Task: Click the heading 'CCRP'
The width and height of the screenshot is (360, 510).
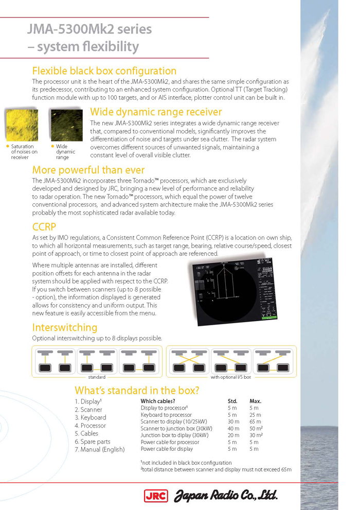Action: (44, 227)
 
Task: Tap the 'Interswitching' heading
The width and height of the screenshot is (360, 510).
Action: (65, 328)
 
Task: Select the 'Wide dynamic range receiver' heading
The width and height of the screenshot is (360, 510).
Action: (156, 112)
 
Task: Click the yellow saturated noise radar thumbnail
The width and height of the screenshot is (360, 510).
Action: (21, 125)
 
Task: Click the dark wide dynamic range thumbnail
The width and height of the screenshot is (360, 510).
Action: (66, 125)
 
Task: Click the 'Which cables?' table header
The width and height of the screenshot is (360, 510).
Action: (158, 401)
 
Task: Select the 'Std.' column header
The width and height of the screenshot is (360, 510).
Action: (232, 401)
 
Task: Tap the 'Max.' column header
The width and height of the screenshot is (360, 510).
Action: (256, 401)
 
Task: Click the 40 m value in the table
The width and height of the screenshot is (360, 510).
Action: (232, 428)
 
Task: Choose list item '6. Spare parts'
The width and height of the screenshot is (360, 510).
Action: (93, 442)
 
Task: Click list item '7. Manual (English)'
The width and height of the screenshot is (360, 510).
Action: (100, 450)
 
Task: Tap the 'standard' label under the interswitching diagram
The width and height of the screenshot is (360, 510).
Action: (97, 377)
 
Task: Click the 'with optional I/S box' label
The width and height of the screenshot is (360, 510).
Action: (231, 377)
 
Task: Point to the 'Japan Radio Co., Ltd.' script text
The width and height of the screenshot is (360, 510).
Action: (226, 496)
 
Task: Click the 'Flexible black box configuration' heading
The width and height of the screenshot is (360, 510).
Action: (104, 71)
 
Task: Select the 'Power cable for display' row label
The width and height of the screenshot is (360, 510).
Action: (167, 449)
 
